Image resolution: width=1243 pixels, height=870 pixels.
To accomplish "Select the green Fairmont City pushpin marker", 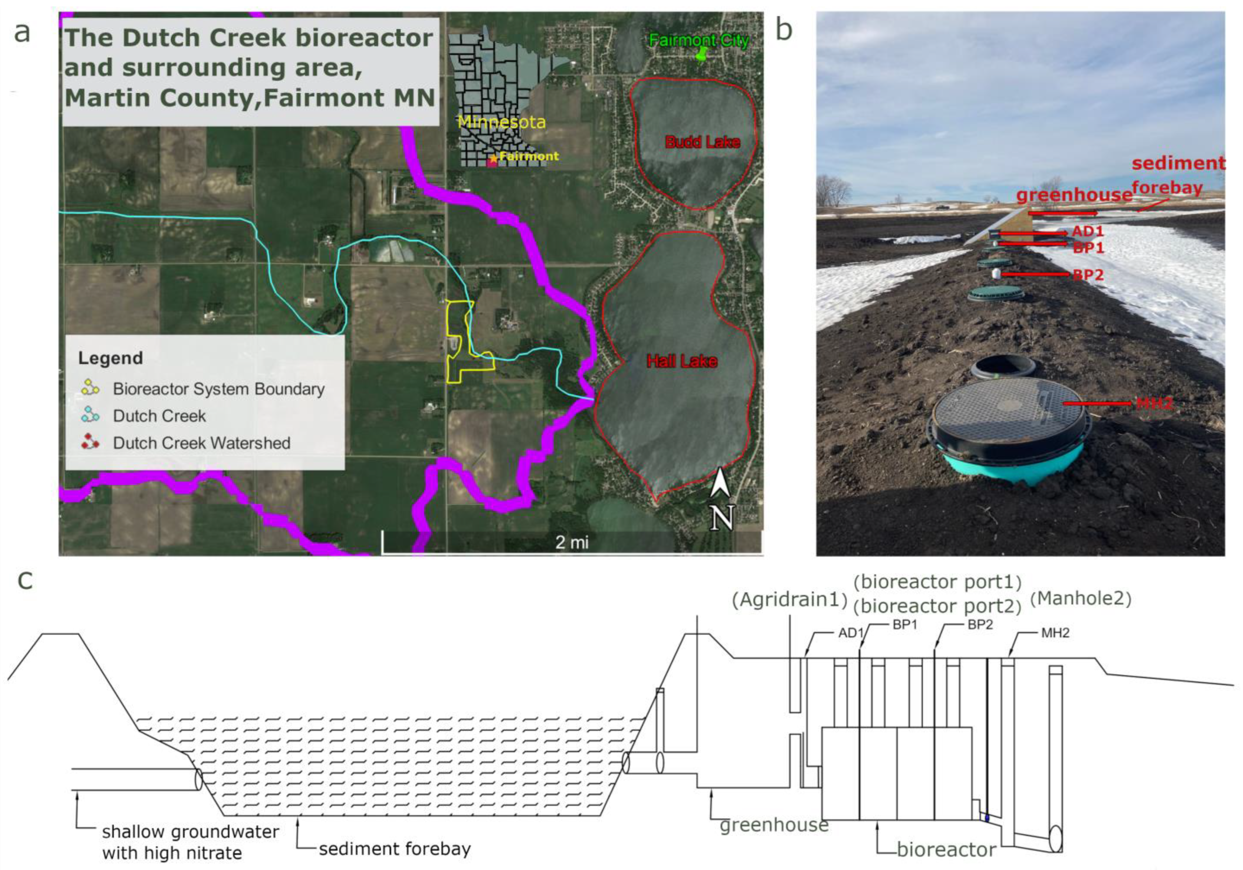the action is (702, 55).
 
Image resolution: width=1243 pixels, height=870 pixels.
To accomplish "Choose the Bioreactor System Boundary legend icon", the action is (90, 388).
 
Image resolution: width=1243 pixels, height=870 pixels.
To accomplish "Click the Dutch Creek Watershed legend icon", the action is (90, 443).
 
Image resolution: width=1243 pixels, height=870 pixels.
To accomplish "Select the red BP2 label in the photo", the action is (1088, 275).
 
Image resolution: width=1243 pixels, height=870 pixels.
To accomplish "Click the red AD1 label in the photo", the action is (1087, 232).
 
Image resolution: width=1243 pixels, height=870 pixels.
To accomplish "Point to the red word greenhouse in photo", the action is (1073, 195).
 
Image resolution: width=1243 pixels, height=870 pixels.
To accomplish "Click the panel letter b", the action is (784, 30).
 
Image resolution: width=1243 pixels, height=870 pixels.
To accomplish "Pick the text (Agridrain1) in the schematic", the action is (789, 600).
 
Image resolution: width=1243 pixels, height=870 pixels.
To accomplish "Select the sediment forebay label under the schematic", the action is (395, 849).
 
